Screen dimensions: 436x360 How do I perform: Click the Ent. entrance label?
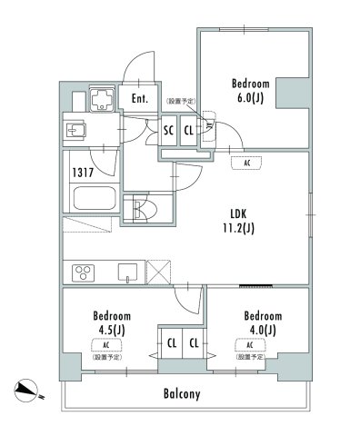pyautogui.click(x=139, y=98)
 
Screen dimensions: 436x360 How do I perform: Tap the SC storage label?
pyautogui.click(x=168, y=130)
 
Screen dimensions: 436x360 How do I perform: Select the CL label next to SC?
pyautogui.click(x=188, y=130)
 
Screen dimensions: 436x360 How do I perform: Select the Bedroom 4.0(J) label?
pyautogui.click(x=263, y=322)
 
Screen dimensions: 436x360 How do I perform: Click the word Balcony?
pyautogui.click(x=182, y=395)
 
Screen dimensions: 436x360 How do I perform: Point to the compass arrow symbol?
pyautogui.click(x=29, y=391)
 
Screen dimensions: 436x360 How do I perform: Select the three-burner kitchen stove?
pyautogui.click(x=84, y=272)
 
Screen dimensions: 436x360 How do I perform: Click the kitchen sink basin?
pyautogui.click(x=127, y=272)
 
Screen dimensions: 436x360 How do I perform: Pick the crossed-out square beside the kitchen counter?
pyautogui.click(x=160, y=272)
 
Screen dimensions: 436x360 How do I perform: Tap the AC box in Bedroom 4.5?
pyautogui.click(x=106, y=345)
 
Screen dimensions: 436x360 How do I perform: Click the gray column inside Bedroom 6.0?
pyautogui.click(x=294, y=94)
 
